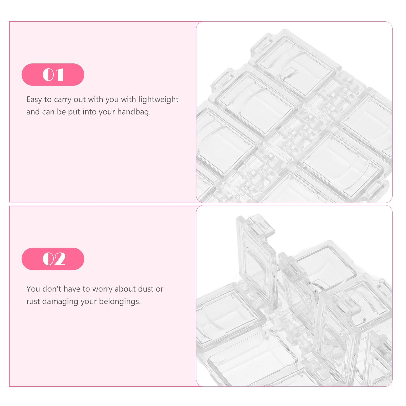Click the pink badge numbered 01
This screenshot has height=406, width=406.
(x=53, y=75)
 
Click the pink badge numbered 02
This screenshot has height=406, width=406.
(x=53, y=259)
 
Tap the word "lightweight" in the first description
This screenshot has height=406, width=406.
(x=158, y=99)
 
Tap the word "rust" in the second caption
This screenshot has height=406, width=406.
(x=33, y=301)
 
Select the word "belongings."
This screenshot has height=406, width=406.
(x=120, y=301)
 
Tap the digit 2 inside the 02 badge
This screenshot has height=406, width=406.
(x=60, y=259)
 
